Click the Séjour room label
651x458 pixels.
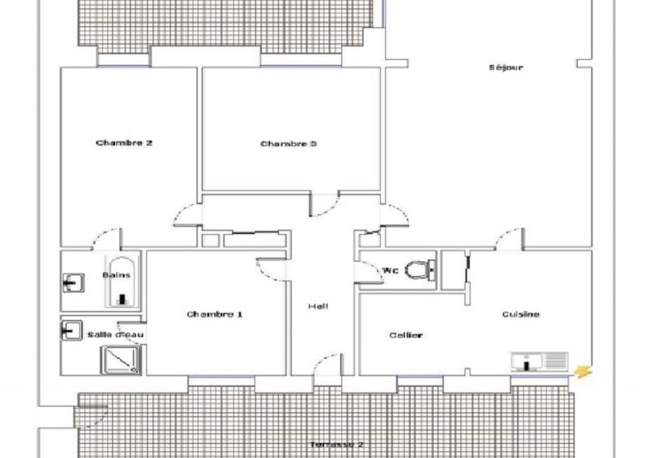(x=505, y=67)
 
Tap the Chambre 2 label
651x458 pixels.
(x=124, y=143)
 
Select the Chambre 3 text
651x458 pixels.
(x=289, y=144)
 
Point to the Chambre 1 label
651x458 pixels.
(x=214, y=314)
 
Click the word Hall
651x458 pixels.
(x=318, y=307)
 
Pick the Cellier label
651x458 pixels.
(x=406, y=335)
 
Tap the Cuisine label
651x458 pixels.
(x=521, y=314)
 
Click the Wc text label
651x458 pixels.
(x=390, y=270)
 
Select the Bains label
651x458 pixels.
(x=116, y=275)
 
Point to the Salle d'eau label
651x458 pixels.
(x=116, y=335)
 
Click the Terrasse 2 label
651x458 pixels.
(x=337, y=444)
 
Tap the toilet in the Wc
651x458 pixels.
(x=420, y=270)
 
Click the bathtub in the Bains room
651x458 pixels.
(x=121, y=282)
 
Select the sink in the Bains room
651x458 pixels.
(x=74, y=283)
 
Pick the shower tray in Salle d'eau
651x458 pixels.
(x=120, y=359)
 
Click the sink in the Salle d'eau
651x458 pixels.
(x=72, y=330)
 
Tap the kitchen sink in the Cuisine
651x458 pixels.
(x=539, y=361)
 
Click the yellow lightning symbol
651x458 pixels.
(x=584, y=371)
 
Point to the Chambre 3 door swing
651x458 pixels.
(x=325, y=205)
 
